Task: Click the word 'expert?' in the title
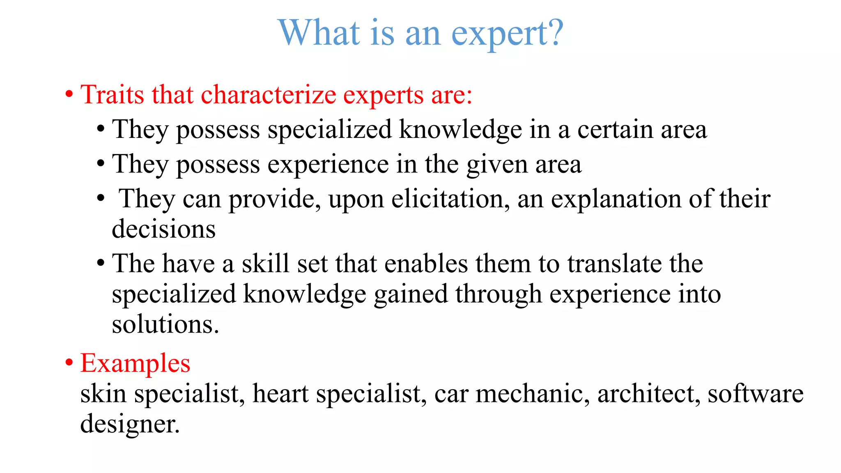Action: pos(507,34)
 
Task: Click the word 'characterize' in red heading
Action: pos(268,94)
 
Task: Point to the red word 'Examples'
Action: pos(135,363)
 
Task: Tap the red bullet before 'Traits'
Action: pos(69,94)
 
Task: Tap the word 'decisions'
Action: pos(163,229)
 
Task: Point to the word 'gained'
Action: pos(411,294)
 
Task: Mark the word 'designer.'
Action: pos(130,424)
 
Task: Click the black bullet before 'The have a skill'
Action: pos(101,263)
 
